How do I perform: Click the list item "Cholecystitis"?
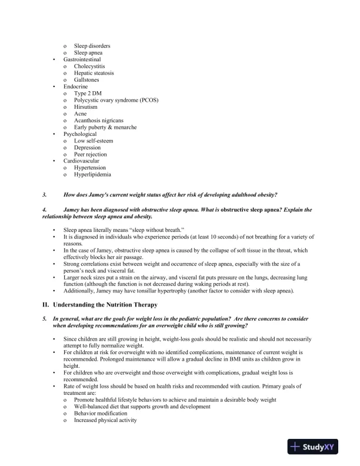[89, 66]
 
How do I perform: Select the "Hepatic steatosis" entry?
[94, 73]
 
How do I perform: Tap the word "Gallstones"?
[86, 80]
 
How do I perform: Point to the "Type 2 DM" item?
[88, 94]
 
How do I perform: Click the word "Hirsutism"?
[86, 107]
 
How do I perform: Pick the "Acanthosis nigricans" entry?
[98, 121]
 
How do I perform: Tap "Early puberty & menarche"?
[105, 127]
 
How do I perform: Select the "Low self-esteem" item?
[94, 141]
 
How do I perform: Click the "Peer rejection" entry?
[91, 154]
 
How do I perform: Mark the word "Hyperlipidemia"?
[93, 174]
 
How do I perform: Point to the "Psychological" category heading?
[80, 134]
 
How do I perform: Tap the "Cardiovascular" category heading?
[81, 161]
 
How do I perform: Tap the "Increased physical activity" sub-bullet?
[105, 420]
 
